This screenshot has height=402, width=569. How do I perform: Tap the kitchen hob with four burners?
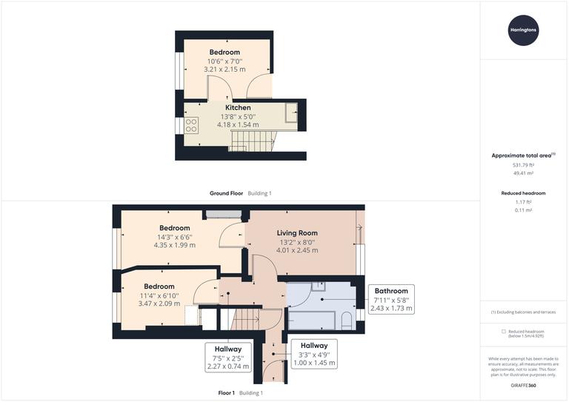190,125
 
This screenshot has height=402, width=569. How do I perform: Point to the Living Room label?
297,233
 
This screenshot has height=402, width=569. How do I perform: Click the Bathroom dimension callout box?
391,299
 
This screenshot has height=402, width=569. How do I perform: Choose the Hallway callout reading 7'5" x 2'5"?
228,357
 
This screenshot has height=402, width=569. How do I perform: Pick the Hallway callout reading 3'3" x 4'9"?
314,354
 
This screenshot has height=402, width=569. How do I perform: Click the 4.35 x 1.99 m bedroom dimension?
175,245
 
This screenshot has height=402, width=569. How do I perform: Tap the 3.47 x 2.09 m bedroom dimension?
159,304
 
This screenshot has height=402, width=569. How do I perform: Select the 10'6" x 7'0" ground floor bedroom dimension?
224,62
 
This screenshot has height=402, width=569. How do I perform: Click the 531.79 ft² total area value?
524,164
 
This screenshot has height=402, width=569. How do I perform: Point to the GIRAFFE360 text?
524,386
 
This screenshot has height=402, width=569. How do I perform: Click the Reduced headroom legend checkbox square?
505,331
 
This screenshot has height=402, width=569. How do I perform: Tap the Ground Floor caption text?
226,193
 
